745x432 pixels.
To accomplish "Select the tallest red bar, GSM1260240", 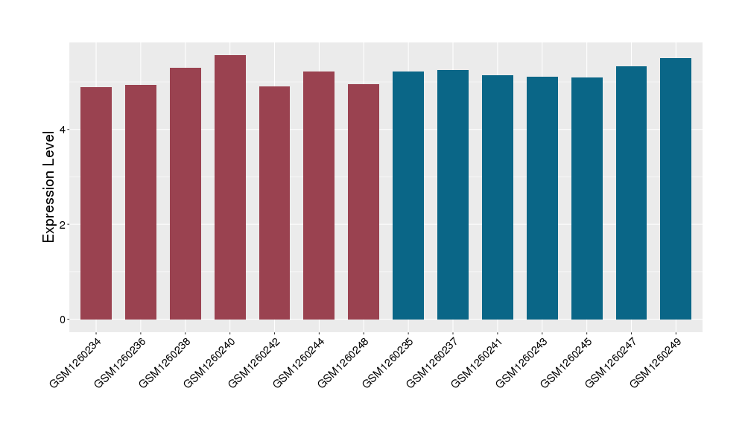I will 230,187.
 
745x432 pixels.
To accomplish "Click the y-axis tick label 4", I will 63,130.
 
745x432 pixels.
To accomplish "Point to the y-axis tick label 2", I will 63,224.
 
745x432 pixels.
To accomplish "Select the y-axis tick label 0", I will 63,320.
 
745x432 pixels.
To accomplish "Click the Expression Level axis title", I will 49,185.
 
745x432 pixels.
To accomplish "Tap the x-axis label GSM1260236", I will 121,362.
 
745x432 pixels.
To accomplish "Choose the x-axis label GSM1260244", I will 299,362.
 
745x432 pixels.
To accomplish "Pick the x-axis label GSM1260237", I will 433,362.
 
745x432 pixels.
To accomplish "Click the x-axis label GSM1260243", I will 522,362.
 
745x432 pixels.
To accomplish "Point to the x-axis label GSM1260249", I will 656,362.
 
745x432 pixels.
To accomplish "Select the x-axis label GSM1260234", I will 76,362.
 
